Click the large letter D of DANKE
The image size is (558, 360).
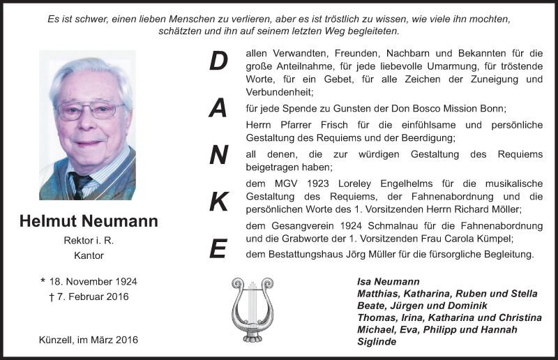tap(219, 61)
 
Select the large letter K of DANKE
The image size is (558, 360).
tap(219, 201)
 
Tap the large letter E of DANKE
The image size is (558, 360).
tap(219, 248)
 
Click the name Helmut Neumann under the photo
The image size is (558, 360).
tap(89, 221)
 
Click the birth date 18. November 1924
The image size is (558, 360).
tap(89, 282)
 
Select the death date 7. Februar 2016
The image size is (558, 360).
tap(89, 297)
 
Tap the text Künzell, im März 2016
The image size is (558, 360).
tap(89, 340)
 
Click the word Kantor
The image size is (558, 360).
tap(89, 255)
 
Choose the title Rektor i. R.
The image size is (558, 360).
tap(89, 241)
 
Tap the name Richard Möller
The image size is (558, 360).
tap(488, 209)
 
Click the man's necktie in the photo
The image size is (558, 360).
tap(80, 186)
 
